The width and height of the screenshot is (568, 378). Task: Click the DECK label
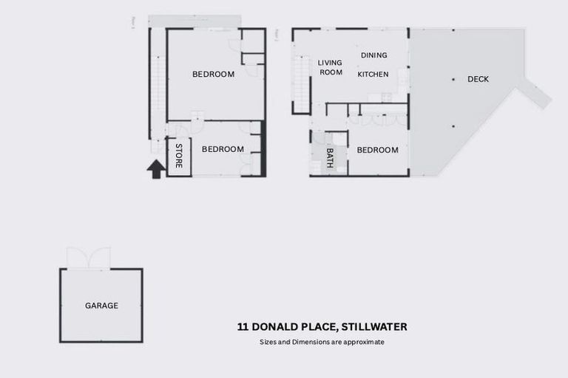479,80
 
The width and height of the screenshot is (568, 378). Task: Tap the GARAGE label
101,305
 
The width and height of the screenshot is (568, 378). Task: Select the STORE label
179,156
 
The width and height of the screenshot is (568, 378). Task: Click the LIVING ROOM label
330,67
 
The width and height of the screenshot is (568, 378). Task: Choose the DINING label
373,55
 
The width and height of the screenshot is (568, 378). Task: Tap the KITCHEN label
373,74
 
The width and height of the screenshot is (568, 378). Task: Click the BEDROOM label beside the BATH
377,150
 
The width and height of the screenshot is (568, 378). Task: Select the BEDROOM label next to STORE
223,149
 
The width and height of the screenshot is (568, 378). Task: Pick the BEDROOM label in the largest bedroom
213,74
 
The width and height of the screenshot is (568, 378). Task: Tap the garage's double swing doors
88,258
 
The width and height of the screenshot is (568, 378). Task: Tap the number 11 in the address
243,327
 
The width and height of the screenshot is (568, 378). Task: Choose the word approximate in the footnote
366,343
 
